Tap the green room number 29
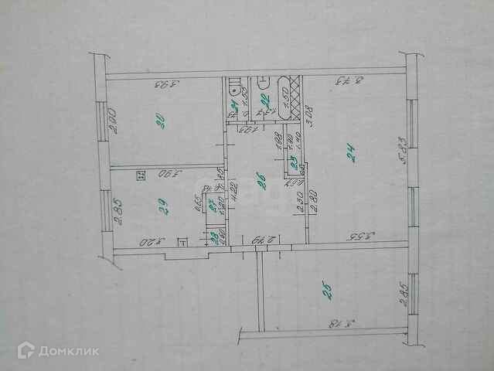pyautogui.click(x=162, y=206)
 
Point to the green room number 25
pyautogui.click(x=328, y=291)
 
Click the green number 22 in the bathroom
pyautogui.click(x=265, y=99)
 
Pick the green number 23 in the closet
pyautogui.click(x=293, y=162)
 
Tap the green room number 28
pyautogui.click(x=214, y=237)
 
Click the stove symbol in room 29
pyautogui.click(x=140, y=176)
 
